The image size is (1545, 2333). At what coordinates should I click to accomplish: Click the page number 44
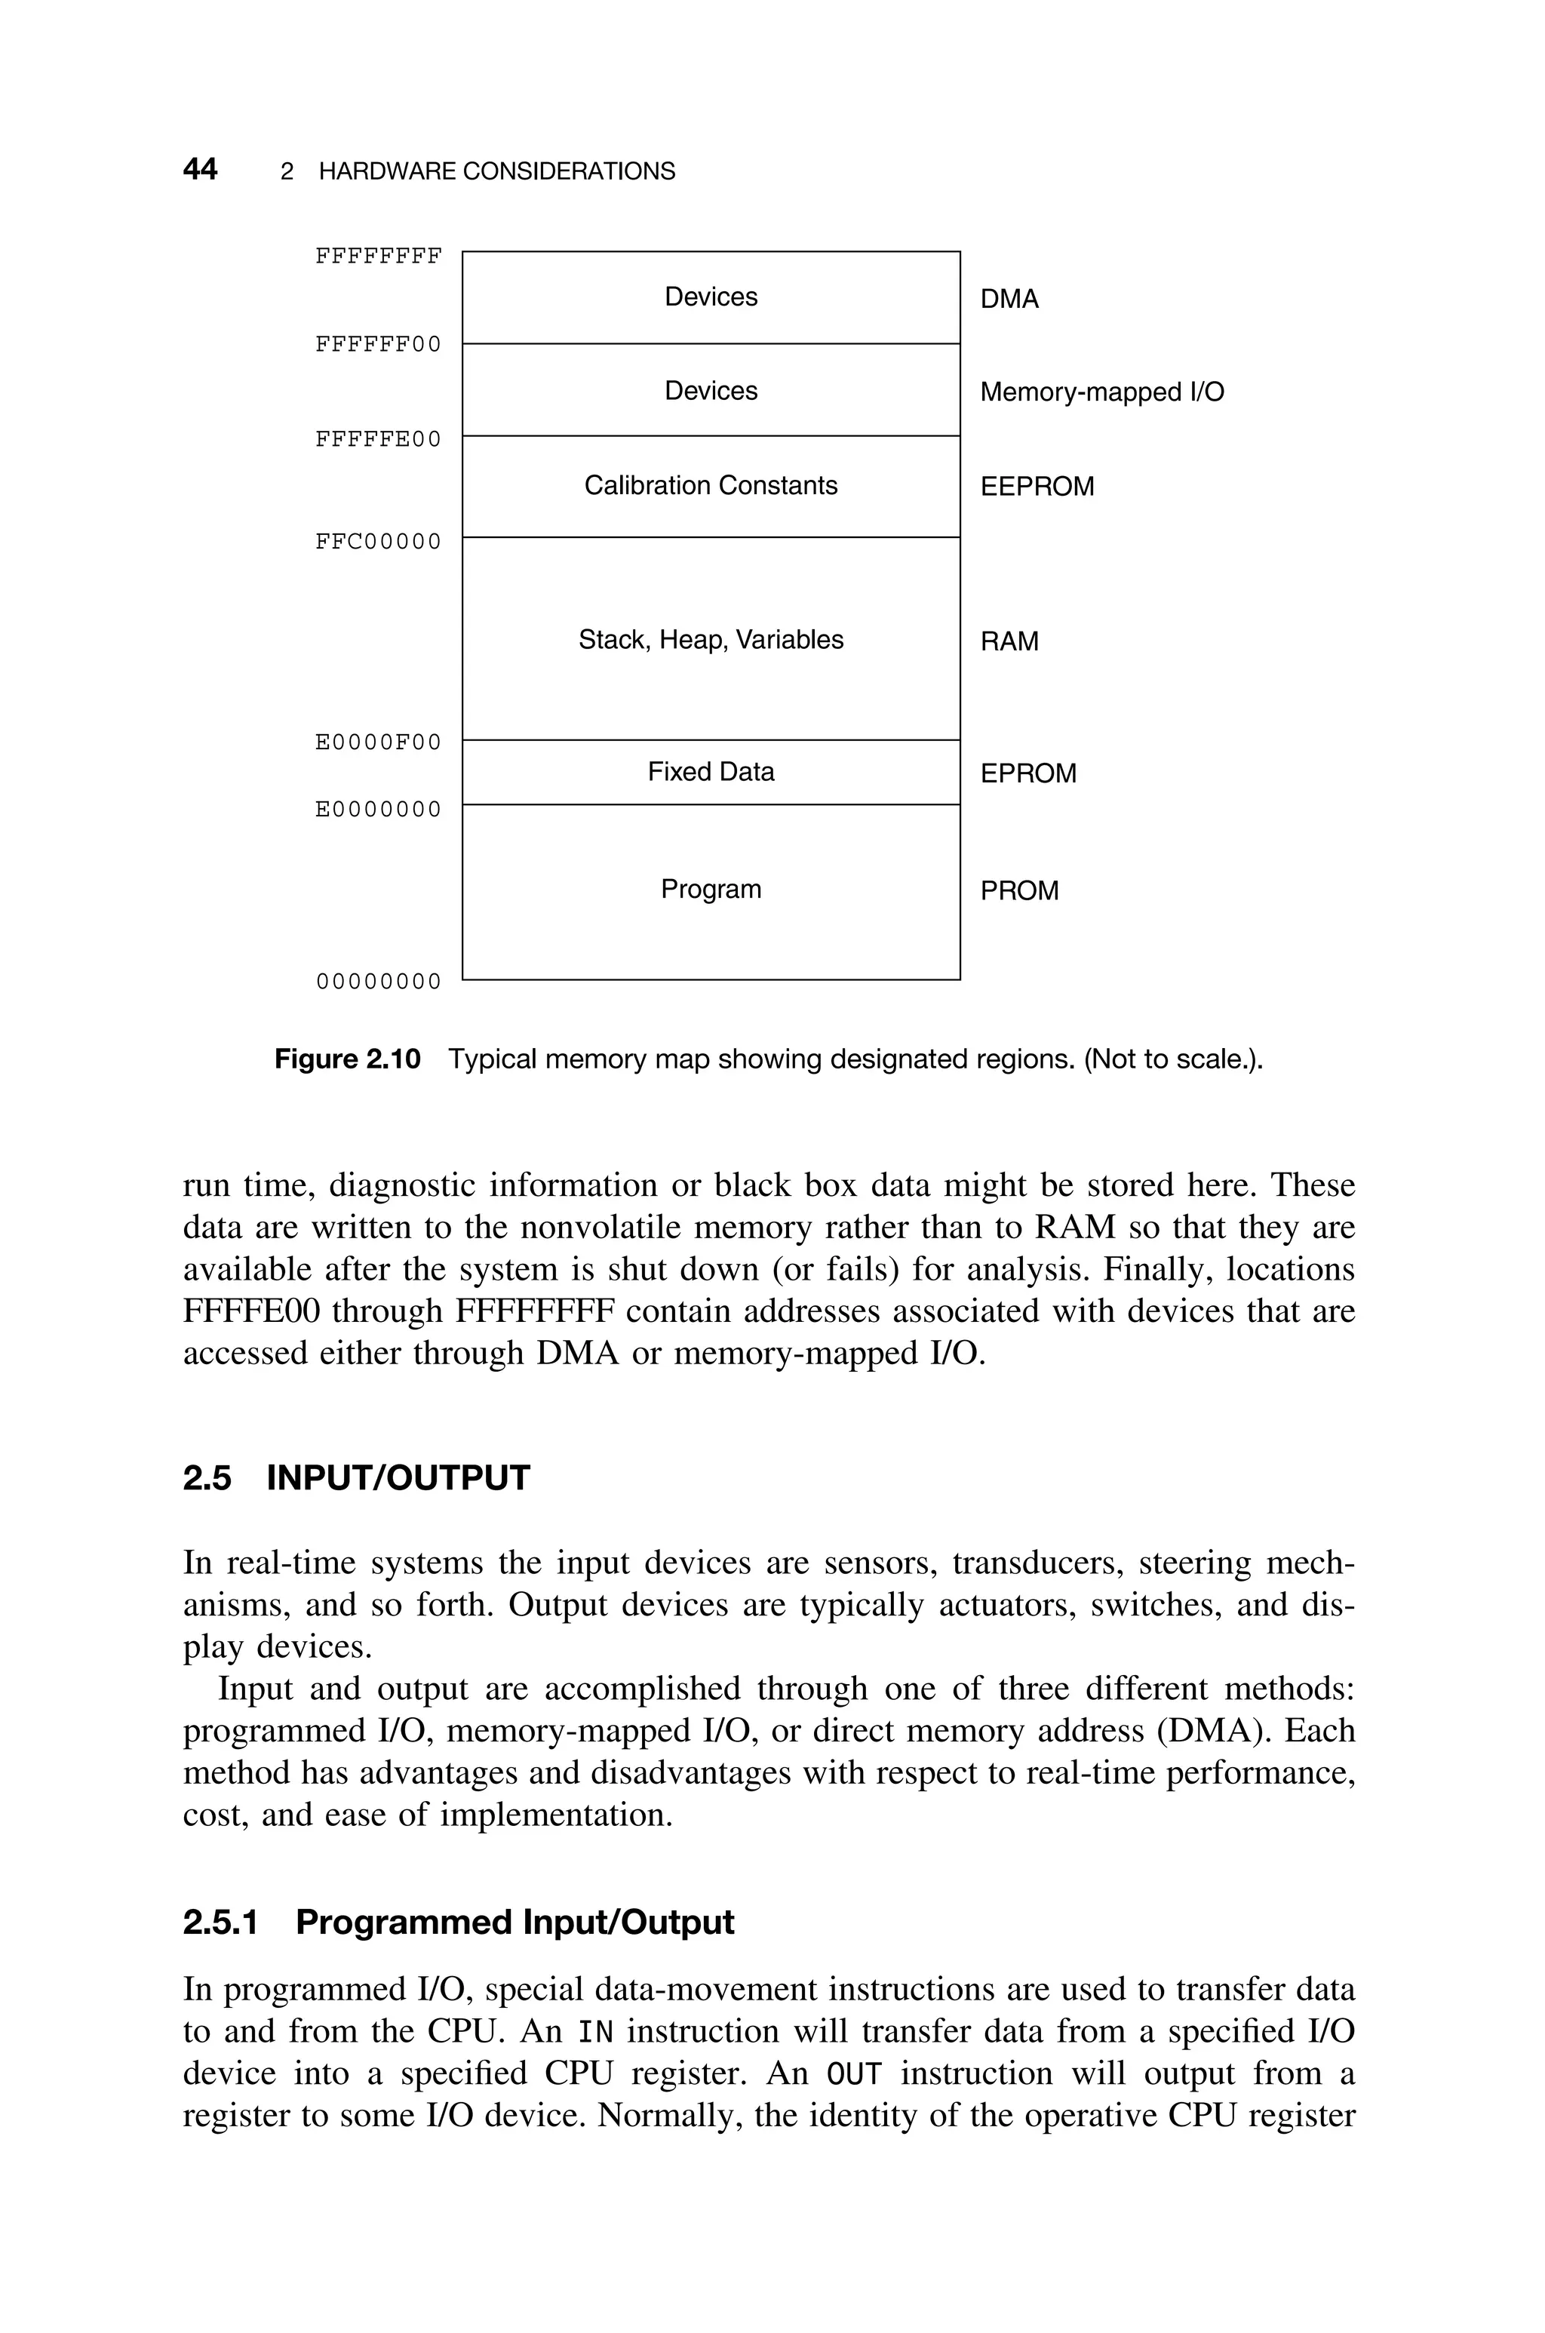tap(200, 170)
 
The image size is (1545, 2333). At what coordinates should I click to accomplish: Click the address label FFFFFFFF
tap(379, 257)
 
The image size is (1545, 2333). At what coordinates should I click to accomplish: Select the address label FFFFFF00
tap(379, 345)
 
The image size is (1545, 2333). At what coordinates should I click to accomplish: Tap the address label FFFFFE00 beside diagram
tap(379, 439)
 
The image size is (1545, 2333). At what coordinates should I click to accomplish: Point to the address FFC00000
tap(379, 543)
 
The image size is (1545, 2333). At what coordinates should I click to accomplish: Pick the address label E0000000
tap(379, 810)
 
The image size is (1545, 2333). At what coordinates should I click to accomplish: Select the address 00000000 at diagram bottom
tap(379, 982)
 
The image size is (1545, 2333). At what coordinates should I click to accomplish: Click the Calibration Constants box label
tap(711, 486)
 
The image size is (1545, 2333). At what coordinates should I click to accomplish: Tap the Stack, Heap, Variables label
tap(711, 641)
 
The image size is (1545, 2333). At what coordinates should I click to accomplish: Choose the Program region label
tap(711, 890)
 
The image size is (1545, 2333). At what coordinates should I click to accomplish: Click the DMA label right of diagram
tap(1009, 300)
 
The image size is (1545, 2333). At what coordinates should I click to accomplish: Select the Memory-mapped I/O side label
tap(1101, 393)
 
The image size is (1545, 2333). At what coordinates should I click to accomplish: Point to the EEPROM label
tap(1037, 487)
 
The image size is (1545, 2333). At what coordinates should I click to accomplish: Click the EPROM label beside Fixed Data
tap(1027, 774)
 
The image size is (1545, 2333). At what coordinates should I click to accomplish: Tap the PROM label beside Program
tap(1019, 892)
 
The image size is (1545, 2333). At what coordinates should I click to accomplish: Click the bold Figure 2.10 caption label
tap(347, 1060)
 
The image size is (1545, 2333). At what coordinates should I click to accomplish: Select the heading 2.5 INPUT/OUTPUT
tap(356, 1479)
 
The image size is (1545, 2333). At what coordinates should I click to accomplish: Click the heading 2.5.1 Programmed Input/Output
tap(458, 1923)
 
